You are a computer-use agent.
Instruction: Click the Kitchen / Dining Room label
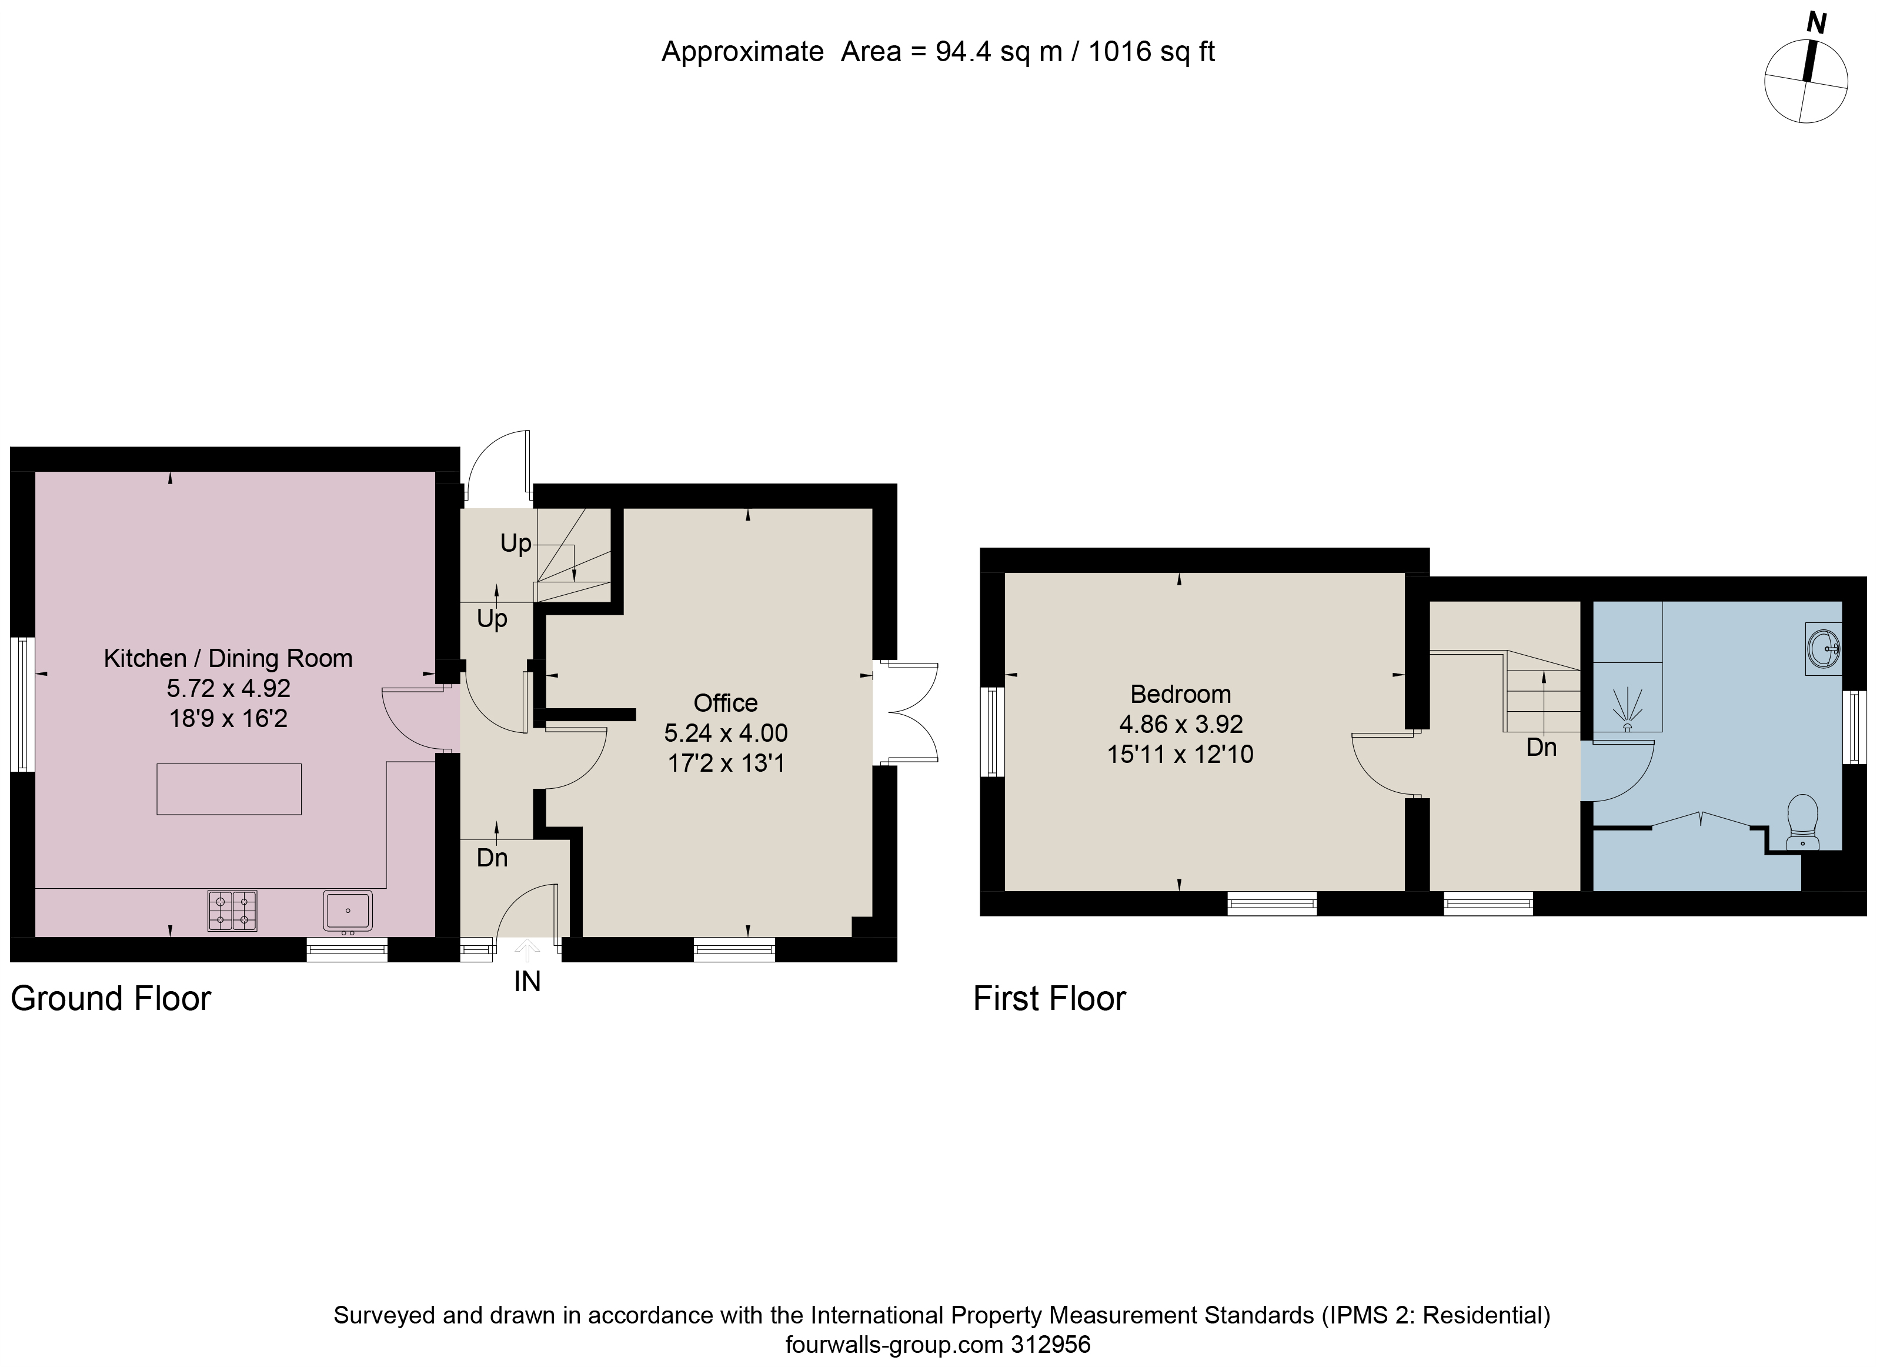(x=228, y=658)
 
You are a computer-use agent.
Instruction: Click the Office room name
(x=725, y=703)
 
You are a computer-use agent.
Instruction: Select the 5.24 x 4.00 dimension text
(x=725, y=733)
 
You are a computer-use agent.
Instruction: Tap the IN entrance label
(x=527, y=982)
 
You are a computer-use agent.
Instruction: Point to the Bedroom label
(x=1180, y=694)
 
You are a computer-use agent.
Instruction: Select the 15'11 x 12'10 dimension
(x=1180, y=754)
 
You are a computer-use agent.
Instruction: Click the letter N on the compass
(x=1816, y=23)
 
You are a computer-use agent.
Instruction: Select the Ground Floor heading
(x=111, y=999)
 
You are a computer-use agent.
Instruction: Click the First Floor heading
(x=1050, y=999)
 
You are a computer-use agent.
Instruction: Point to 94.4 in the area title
(x=964, y=52)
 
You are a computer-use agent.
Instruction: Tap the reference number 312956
(x=1050, y=1345)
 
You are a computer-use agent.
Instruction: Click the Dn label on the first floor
(x=1542, y=748)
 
